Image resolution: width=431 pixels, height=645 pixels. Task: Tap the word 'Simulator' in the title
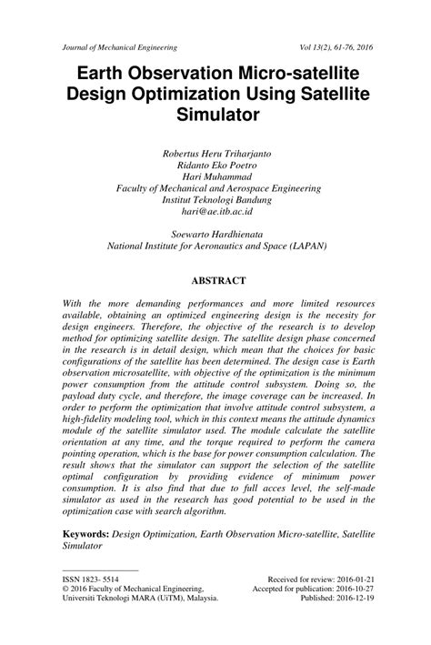(x=215, y=115)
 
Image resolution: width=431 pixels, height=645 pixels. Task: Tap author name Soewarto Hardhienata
(x=215, y=233)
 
